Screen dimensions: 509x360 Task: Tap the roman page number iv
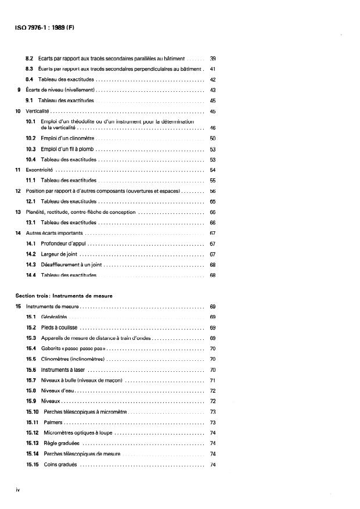tap(18, 489)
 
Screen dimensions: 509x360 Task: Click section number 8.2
tap(30, 59)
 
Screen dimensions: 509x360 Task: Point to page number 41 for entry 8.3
tap(213, 69)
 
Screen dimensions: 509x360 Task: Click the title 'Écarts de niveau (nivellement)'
tap(56, 90)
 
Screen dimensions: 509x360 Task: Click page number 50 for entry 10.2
tap(213, 138)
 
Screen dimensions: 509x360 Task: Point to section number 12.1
tap(31, 201)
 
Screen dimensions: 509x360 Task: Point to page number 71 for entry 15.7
tap(213, 380)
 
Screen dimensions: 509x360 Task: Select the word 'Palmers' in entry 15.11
tap(51, 422)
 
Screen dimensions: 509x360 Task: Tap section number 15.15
tap(32, 464)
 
